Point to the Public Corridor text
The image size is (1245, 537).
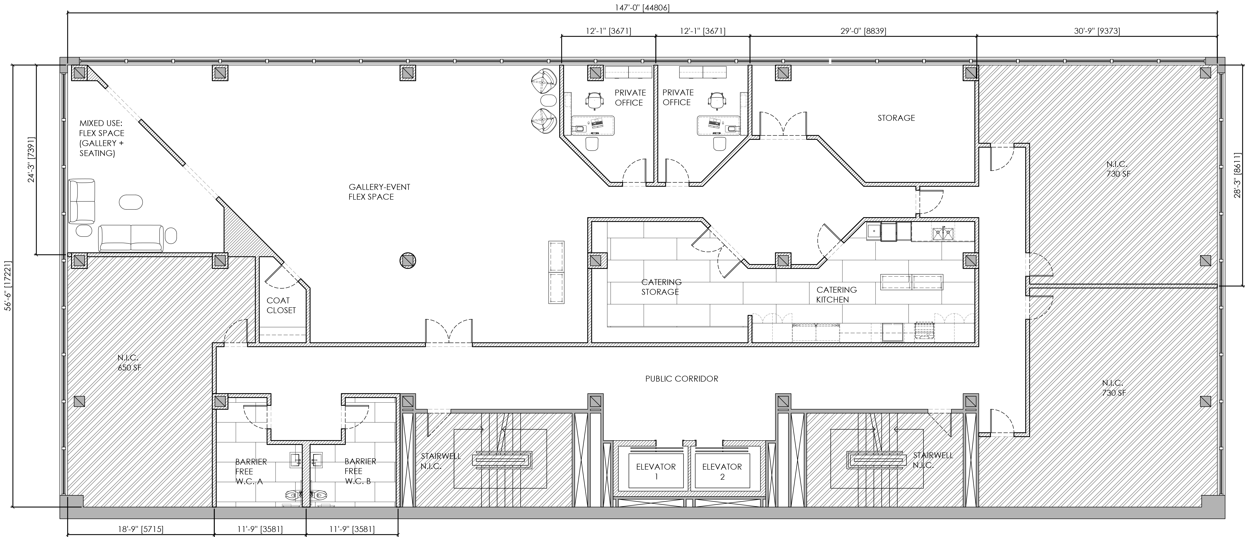(x=681, y=378)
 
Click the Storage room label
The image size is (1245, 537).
(x=896, y=117)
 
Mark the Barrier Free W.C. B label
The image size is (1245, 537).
(x=360, y=471)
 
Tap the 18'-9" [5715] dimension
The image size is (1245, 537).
(x=140, y=529)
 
